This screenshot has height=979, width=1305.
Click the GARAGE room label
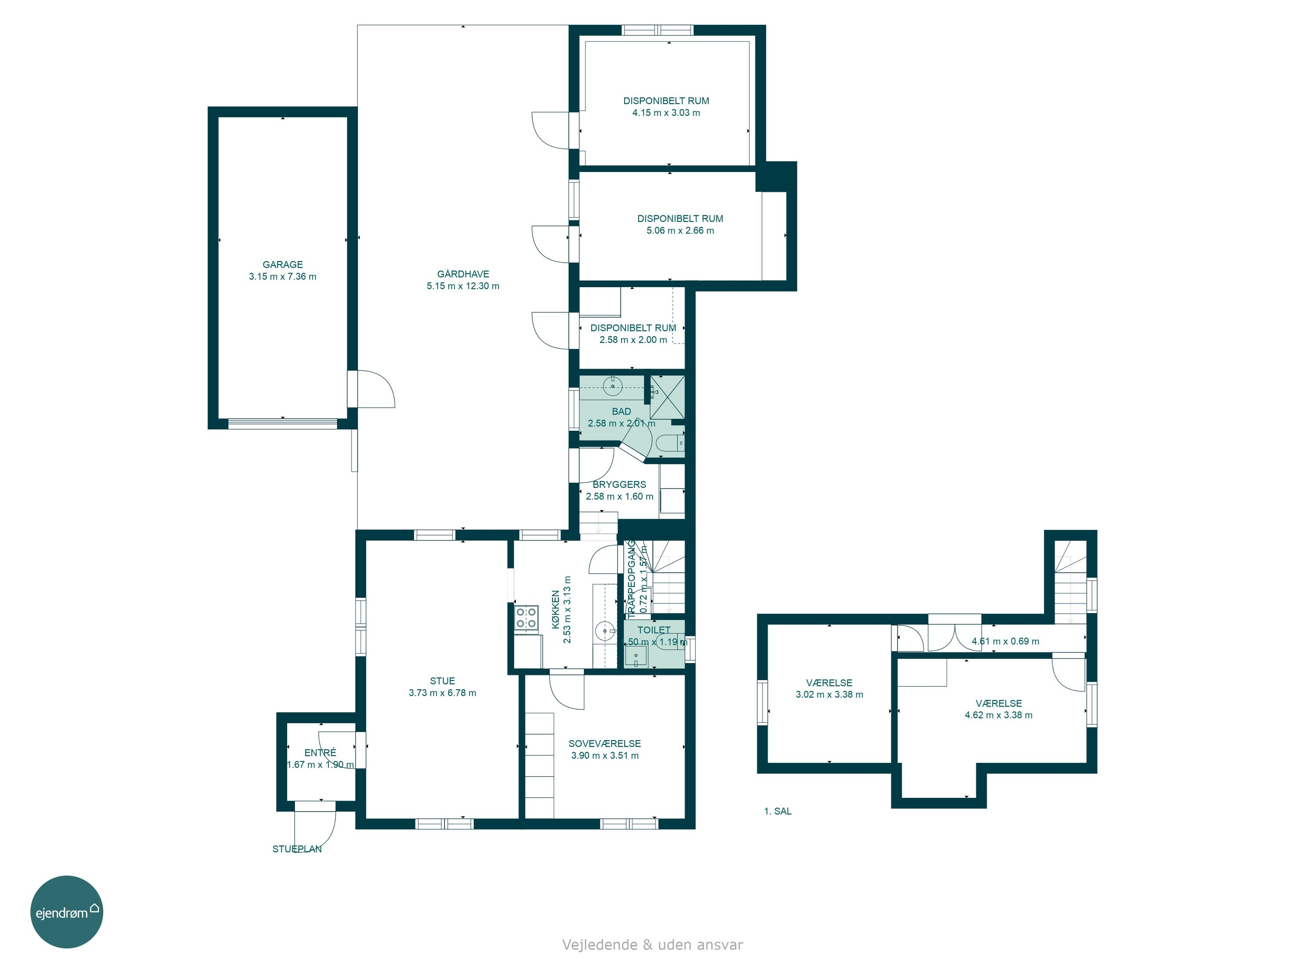283,265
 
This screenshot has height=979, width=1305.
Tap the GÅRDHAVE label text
463,274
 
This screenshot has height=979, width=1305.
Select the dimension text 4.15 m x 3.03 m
666,113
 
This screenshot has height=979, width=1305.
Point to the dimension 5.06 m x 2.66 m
680,230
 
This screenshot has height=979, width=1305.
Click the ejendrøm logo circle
67,912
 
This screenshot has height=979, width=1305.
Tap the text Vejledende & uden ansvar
652,945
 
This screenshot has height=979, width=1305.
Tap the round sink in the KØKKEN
605,631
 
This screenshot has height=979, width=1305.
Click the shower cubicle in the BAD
667,397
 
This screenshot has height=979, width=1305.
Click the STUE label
442,681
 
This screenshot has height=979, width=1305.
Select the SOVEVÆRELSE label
605,744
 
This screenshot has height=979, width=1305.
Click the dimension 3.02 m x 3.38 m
830,694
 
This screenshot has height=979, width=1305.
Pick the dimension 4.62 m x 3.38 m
999,714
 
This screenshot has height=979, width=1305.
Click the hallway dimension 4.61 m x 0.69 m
1006,641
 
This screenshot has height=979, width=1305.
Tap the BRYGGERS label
619,484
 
